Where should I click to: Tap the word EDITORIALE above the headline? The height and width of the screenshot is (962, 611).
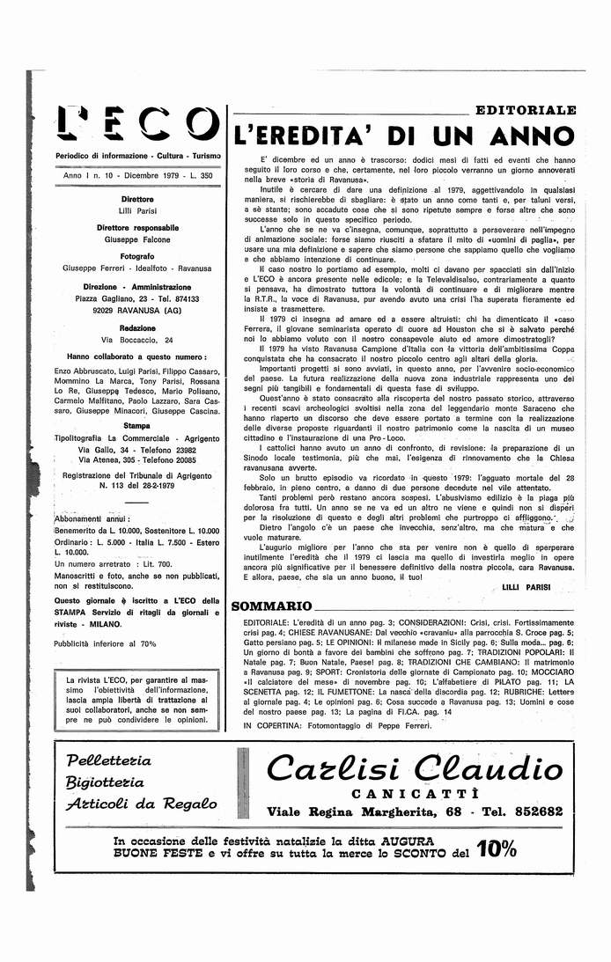tap(526, 110)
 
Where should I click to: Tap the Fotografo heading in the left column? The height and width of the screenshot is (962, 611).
tap(136, 254)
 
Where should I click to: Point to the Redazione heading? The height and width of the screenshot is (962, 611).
tap(136, 327)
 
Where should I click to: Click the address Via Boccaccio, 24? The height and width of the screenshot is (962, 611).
tap(136, 340)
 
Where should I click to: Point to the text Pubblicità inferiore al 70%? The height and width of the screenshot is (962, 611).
tap(105, 643)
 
